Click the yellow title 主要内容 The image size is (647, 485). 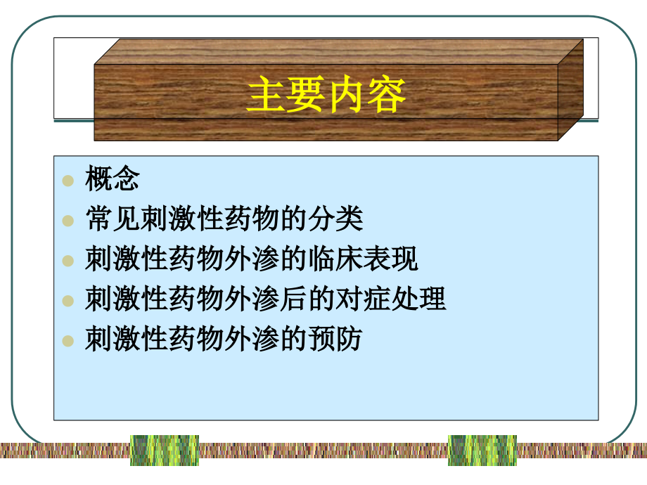click(x=326, y=96)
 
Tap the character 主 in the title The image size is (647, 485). click(x=266, y=96)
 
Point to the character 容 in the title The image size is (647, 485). click(x=386, y=96)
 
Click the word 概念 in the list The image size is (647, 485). click(x=113, y=179)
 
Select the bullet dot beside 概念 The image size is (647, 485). click(x=68, y=181)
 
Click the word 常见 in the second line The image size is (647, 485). click(x=113, y=219)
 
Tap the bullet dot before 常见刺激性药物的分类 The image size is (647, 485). click(x=68, y=221)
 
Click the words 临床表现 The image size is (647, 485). click(x=363, y=259)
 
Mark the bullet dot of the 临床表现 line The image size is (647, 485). click(x=68, y=261)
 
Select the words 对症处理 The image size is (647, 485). click(x=390, y=299)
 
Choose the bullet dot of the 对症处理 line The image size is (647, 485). click(x=68, y=301)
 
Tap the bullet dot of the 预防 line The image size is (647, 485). click(x=68, y=341)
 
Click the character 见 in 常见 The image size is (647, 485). click(x=127, y=219)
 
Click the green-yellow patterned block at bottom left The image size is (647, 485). click(x=165, y=451)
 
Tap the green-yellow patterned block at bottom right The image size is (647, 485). click(x=482, y=451)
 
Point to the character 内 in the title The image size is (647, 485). click(x=346, y=96)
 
